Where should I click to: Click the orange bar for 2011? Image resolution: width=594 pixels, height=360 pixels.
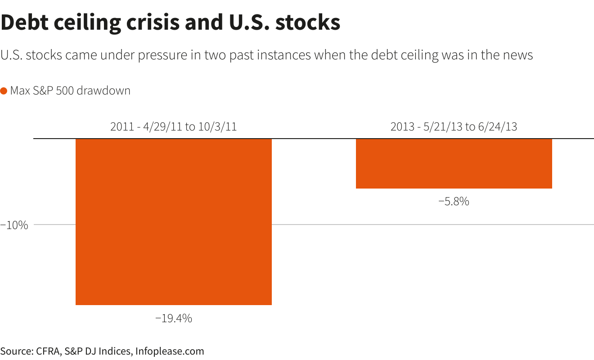point(173,221)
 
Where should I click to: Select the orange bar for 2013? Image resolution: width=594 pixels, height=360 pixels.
point(454,163)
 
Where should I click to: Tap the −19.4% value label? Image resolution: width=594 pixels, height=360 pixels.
point(174,319)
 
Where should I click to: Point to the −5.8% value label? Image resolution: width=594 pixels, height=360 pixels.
point(454,202)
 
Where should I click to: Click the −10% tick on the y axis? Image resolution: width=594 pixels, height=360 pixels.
point(14,225)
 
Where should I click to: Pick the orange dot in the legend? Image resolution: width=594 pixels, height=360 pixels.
point(4,91)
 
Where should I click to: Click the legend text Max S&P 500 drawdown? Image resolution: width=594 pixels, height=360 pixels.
point(70,91)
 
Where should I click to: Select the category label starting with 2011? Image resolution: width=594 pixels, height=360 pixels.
point(173,127)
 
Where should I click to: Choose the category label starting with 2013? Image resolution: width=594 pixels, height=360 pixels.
point(454,127)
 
